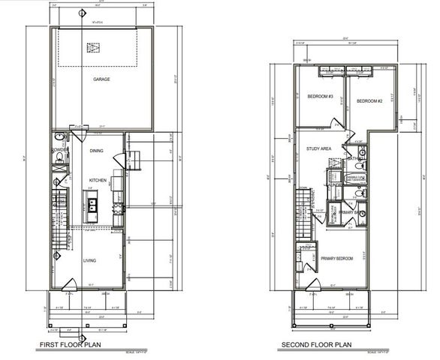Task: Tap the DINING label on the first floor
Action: [96, 151]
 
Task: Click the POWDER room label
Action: [60, 150]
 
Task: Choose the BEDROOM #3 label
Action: [320, 96]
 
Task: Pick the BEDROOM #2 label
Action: [369, 101]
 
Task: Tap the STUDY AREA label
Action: [318, 148]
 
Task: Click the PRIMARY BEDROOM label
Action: [337, 259]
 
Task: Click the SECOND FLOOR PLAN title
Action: [315, 346]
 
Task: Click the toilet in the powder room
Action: [59, 159]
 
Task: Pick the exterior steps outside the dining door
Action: [135, 159]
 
